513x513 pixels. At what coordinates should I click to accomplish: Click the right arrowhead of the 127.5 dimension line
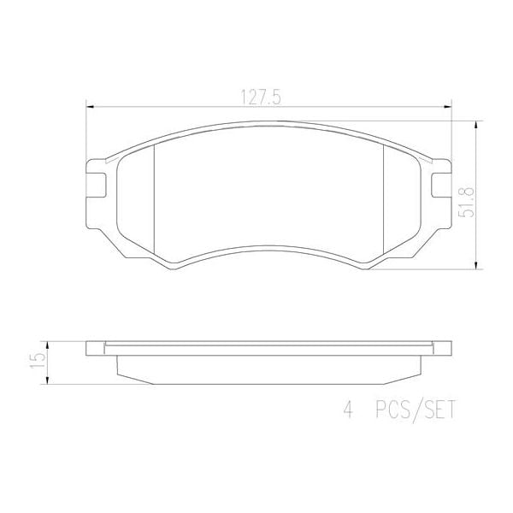(450, 107)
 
